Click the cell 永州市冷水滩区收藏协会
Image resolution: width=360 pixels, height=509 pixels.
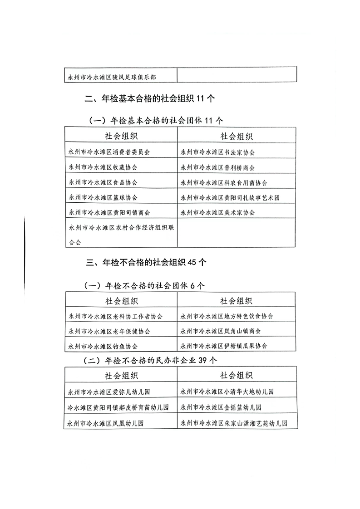click(x=102, y=167)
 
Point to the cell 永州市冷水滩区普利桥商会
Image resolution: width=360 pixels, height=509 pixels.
click(x=217, y=167)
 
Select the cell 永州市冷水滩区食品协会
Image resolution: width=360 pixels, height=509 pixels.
click(x=102, y=182)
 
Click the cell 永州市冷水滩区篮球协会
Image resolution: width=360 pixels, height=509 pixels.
click(x=102, y=197)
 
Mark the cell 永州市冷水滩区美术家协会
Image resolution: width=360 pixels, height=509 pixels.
click(x=217, y=212)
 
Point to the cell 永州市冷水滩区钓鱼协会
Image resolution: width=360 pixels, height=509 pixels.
click(x=102, y=346)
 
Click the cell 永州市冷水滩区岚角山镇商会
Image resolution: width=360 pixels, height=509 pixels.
click(x=221, y=331)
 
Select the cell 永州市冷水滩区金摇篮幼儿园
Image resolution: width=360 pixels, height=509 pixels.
click(x=221, y=407)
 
